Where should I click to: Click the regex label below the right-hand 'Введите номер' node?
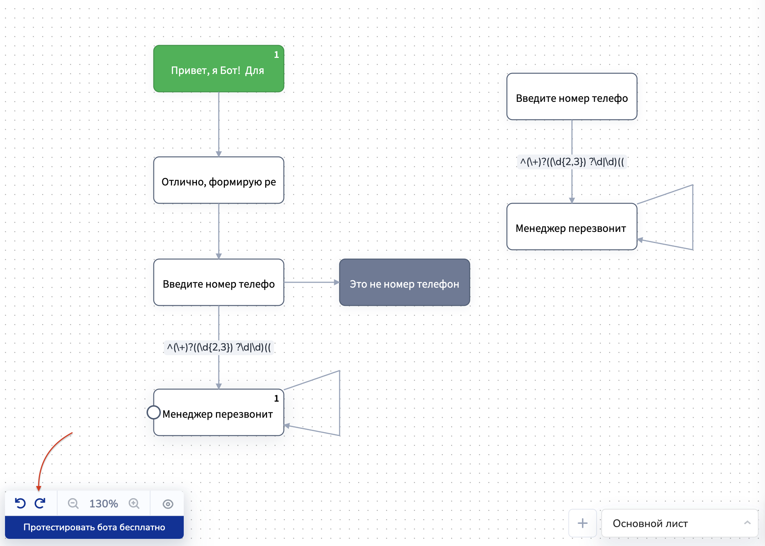coord(572,162)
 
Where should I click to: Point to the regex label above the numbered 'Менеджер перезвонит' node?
coord(218,347)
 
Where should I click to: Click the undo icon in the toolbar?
coord(20,503)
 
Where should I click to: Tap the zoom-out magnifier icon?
coord(73,503)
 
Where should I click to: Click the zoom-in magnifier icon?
coord(134,503)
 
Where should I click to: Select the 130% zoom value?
coord(103,503)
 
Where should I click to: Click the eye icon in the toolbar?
coord(168,504)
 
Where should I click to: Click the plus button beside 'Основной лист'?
coord(582,523)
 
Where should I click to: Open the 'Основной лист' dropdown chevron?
coord(747,523)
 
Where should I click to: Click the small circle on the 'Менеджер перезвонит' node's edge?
coord(153,412)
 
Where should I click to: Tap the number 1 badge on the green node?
coord(276,55)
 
